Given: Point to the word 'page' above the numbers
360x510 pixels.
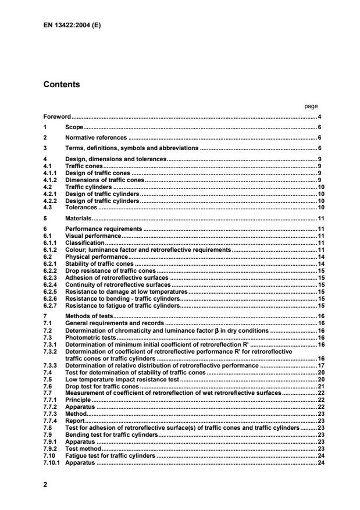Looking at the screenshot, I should (x=311, y=106).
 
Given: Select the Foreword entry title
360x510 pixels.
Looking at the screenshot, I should (x=57, y=117).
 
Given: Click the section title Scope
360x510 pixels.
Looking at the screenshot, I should (x=74, y=127).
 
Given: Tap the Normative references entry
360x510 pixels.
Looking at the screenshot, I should (x=95, y=137).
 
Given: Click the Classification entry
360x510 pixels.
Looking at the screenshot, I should (x=84, y=242).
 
